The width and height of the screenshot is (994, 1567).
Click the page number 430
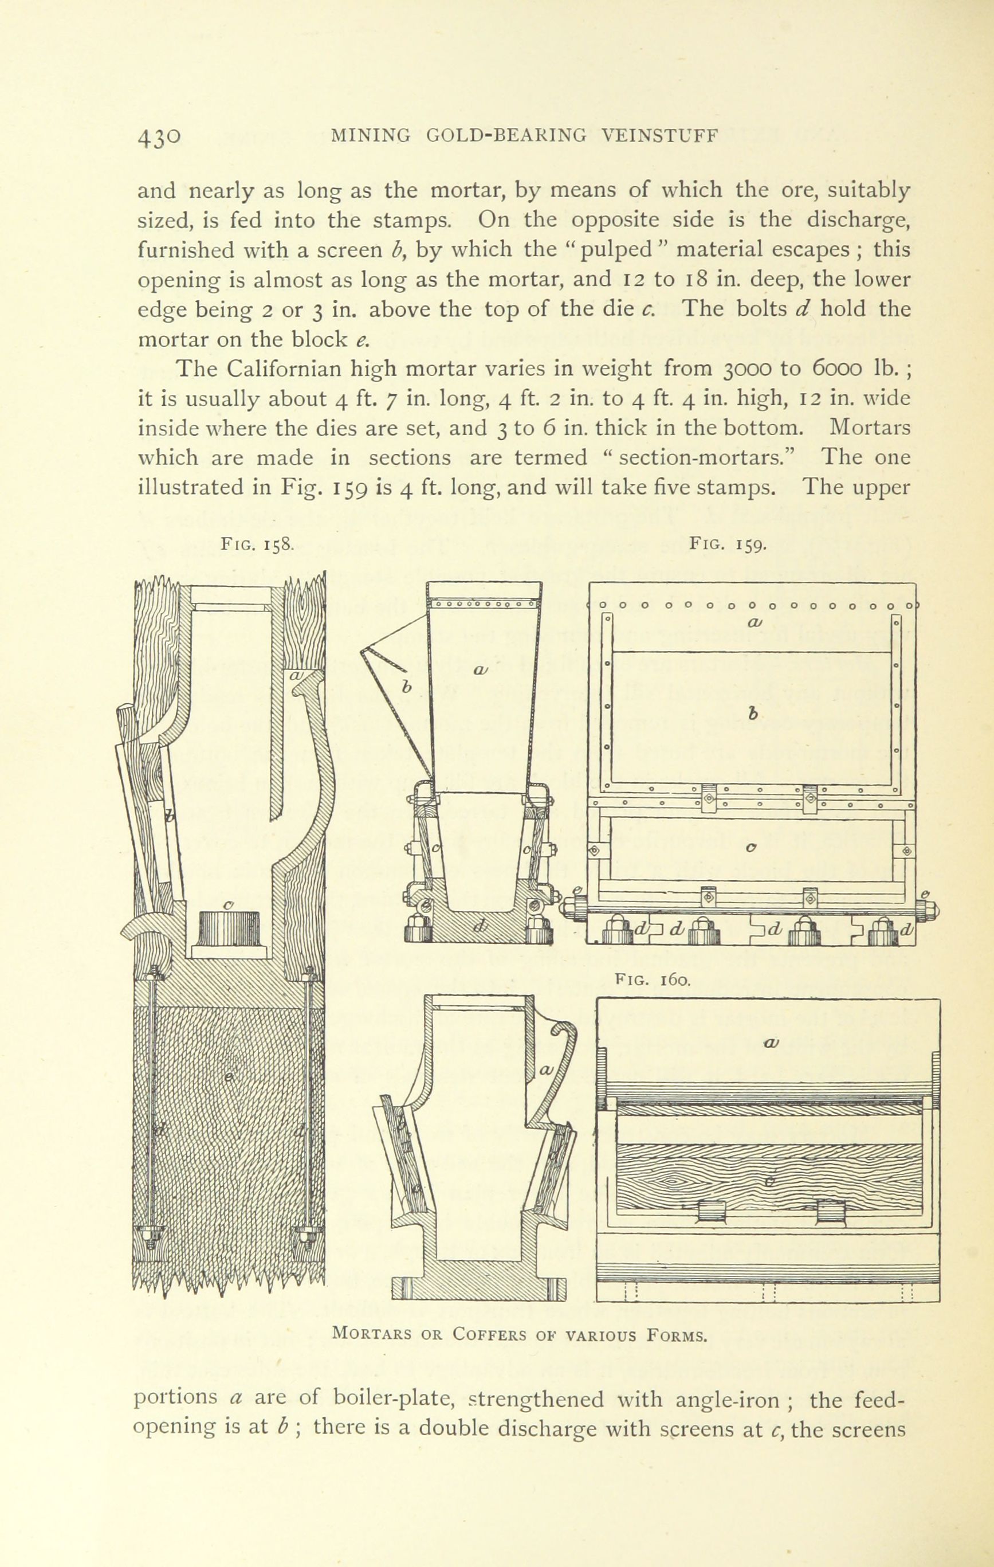coord(159,138)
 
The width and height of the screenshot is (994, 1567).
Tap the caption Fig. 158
coord(258,544)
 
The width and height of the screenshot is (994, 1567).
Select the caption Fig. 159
coord(729,543)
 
